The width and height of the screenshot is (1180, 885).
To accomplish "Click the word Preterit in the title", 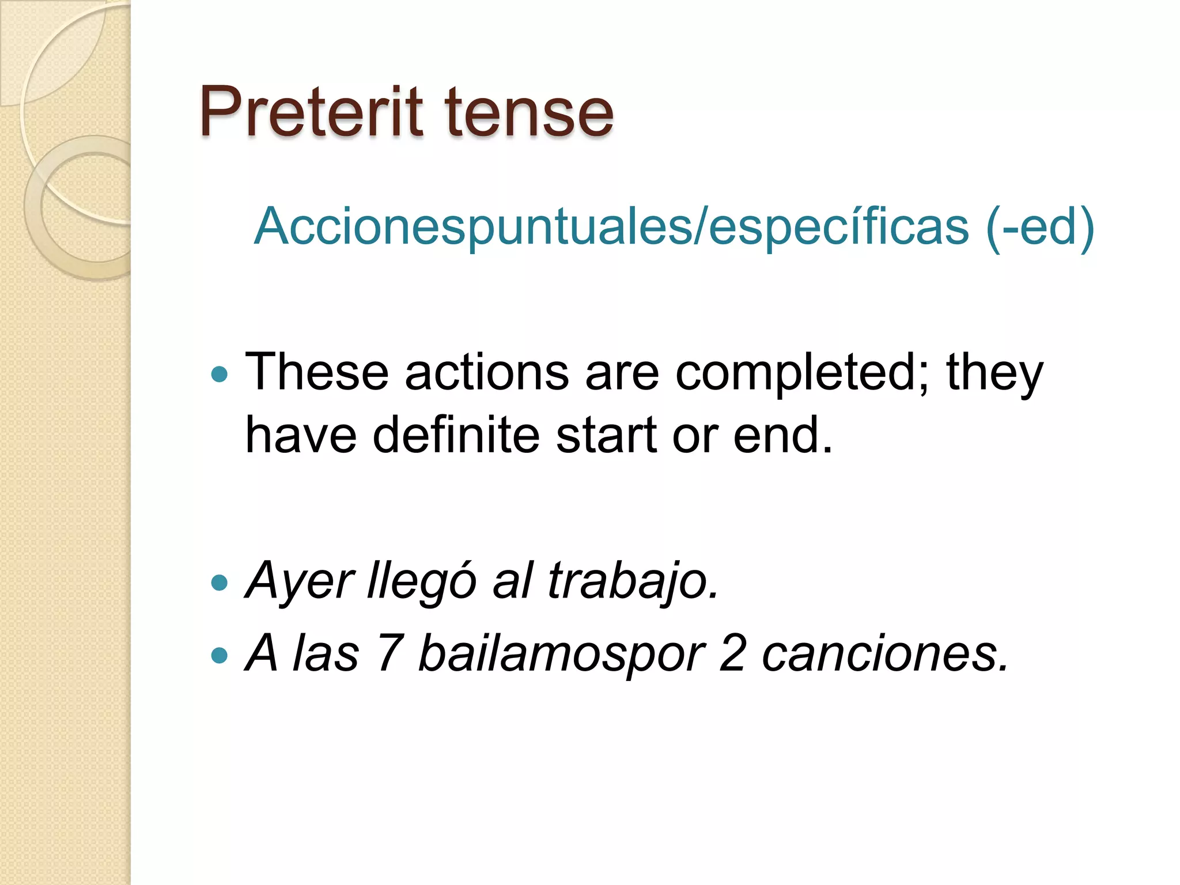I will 311,112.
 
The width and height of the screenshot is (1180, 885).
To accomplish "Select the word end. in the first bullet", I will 783,435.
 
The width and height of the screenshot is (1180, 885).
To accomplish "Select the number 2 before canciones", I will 733,653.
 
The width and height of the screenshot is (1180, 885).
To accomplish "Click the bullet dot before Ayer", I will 220,583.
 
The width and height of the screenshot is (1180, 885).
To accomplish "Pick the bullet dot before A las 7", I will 220,655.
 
